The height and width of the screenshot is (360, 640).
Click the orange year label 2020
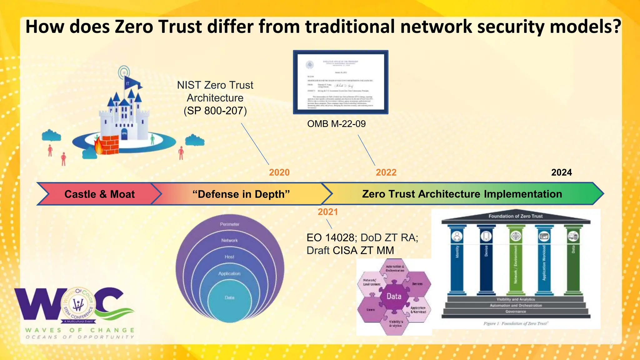point(279,172)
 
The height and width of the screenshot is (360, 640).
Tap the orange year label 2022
point(386,172)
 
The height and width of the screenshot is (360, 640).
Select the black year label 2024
point(561,172)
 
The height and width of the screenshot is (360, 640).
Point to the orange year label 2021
point(327,212)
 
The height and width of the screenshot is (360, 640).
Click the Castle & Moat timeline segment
point(99,194)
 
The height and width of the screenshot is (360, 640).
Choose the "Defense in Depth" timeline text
point(241,194)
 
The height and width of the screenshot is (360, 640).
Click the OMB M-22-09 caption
point(336,124)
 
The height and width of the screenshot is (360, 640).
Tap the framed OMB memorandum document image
point(340,82)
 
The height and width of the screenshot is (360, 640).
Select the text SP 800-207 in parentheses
point(215,111)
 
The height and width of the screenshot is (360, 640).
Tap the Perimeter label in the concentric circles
point(229,224)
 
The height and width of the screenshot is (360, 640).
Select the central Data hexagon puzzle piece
point(394,296)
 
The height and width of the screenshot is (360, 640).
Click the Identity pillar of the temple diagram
point(457,259)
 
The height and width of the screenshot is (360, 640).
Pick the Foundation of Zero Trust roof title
point(515,216)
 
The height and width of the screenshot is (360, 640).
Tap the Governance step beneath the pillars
point(516,312)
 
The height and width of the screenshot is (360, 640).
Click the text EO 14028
point(330,238)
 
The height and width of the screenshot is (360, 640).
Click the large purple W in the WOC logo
point(37,306)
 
